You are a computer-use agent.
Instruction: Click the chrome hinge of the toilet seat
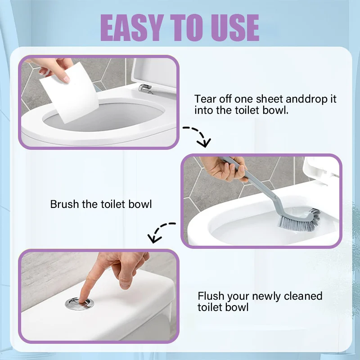click(145, 89)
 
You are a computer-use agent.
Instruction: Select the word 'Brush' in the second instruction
click(64, 204)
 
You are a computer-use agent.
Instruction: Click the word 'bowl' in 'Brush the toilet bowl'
click(140, 204)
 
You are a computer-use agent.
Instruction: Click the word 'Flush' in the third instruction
click(211, 296)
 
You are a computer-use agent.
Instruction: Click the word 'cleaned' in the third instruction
click(303, 296)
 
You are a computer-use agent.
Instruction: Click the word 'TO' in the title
click(187, 27)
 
